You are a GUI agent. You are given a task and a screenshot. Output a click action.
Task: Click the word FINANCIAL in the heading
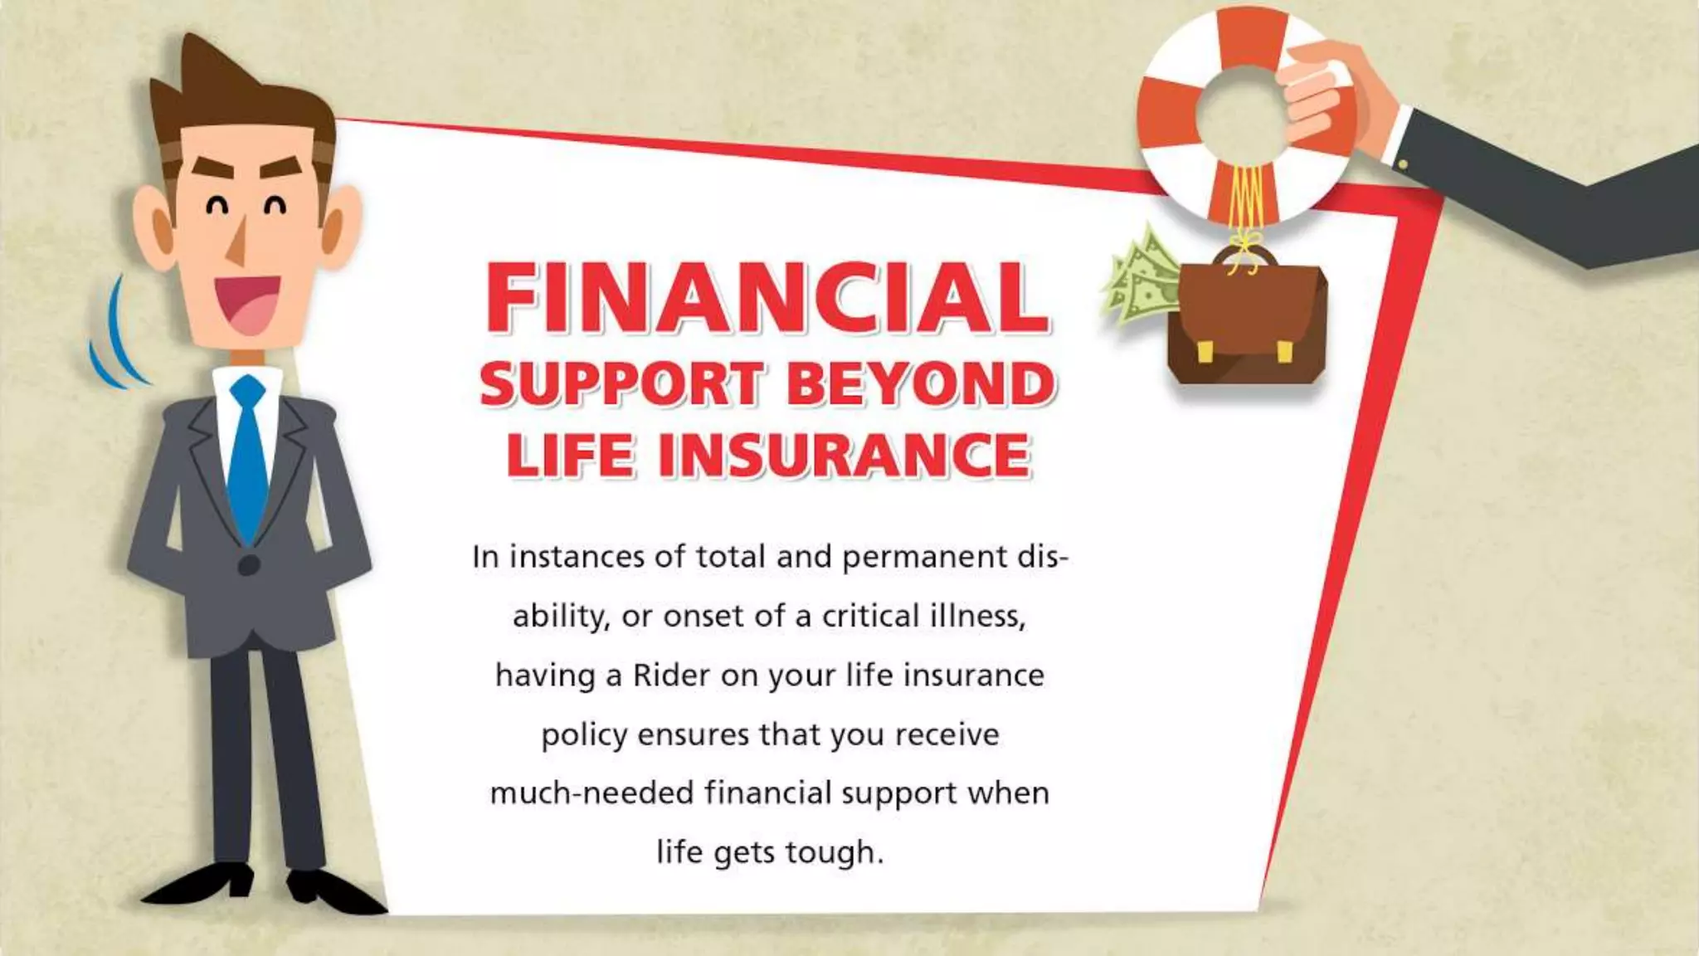coord(767,297)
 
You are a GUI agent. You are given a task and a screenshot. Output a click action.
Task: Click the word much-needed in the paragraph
coord(591,793)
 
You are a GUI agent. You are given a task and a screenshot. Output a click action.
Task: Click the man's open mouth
coord(246,303)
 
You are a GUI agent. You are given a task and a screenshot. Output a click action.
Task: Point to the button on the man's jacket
coord(249,566)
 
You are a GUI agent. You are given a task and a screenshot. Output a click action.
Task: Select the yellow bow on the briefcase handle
coord(1242,249)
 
